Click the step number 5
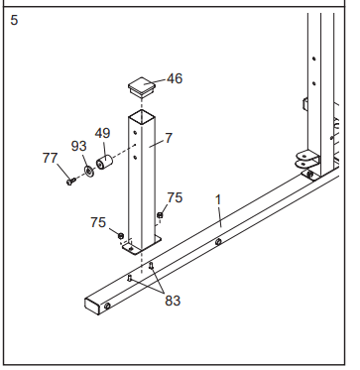[14, 20]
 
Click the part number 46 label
[175, 78]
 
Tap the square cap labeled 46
[142, 87]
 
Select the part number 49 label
[102, 133]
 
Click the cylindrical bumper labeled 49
[104, 162]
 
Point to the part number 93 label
[79, 146]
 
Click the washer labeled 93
[89, 171]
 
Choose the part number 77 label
[51, 158]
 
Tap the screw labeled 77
[70, 181]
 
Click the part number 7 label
[169, 138]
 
